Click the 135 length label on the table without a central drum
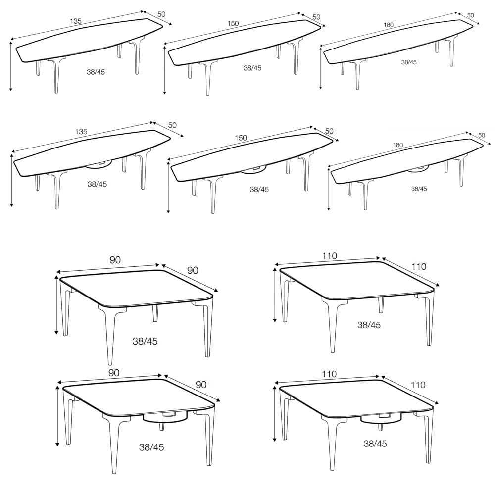(x=76, y=21)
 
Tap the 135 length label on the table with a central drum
(x=81, y=131)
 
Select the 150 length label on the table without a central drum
(x=233, y=23)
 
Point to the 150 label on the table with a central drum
(x=241, y=138)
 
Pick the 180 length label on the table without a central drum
(x=389, y=25)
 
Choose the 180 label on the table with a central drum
(x=398, y=145)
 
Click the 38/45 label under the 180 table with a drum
(x=419, y=189)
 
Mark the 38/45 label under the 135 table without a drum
(x=96, y=72)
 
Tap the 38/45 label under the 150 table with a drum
(x=259, y=189)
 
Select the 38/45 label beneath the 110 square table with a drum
(x=375, y=444)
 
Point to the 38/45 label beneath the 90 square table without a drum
(x=145, y=341)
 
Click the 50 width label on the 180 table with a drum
(x=482, y=135)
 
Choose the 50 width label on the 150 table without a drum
(x=316, y=17)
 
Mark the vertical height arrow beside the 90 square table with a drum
(x=57, y=416)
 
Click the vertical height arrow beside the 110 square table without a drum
(x=275, y=295)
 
